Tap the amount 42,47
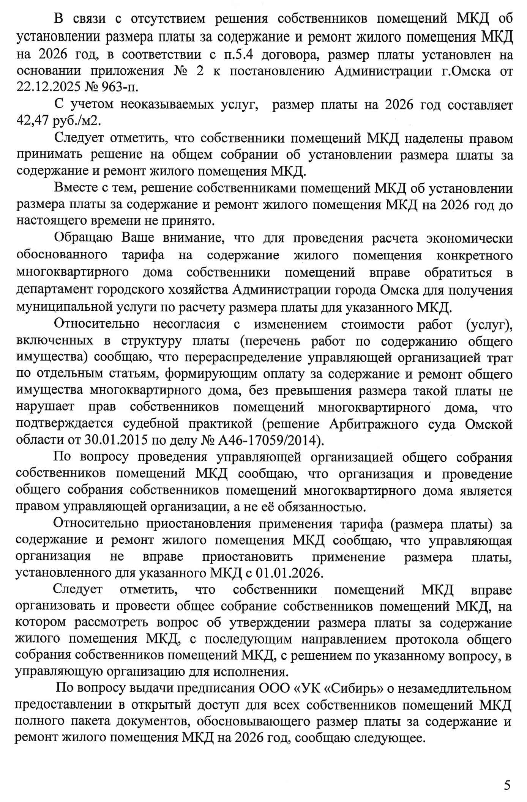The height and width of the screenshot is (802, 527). tap(32, 121)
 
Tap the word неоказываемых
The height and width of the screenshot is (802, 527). tap(167, 104)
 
